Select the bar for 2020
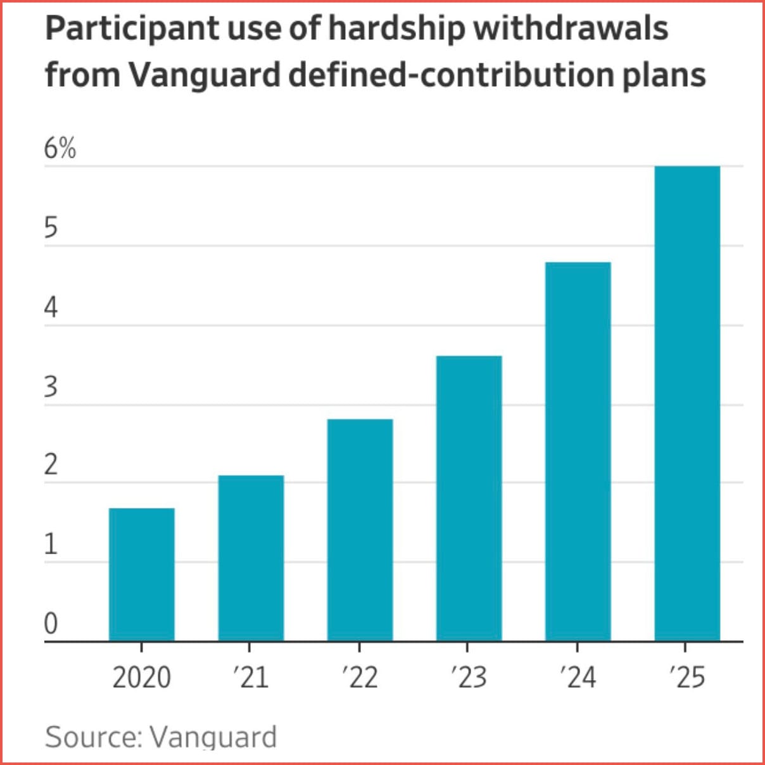click(142, 574)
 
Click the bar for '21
click(251, 558)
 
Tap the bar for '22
click(360, 530)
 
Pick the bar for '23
click(469, 498)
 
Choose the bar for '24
click(578, 452)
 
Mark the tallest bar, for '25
click(687, 403)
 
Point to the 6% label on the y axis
click(60, 149)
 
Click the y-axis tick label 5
click(51, 228)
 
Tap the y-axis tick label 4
click(51, 308)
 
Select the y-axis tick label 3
click(51, 387)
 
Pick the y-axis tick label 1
click(51, 545)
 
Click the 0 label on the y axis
click(51, 624)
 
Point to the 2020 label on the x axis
click(142, 677)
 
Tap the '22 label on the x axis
click(360, 677)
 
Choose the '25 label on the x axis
click(687, 677)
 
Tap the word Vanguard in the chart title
click(205, 75)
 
